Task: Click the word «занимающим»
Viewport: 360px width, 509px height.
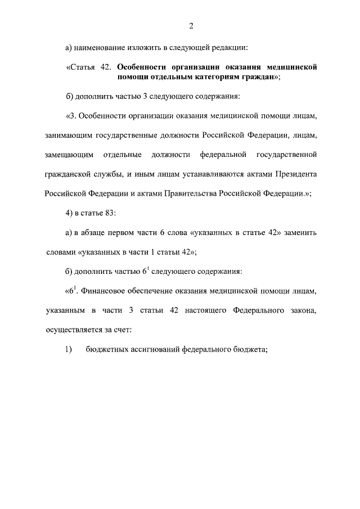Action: tap(67, 136)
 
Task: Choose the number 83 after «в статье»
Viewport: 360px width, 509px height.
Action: tap(111, 213)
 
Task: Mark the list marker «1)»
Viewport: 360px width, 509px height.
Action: tap(69, 349)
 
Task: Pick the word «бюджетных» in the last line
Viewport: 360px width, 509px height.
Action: tap(103, 349)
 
